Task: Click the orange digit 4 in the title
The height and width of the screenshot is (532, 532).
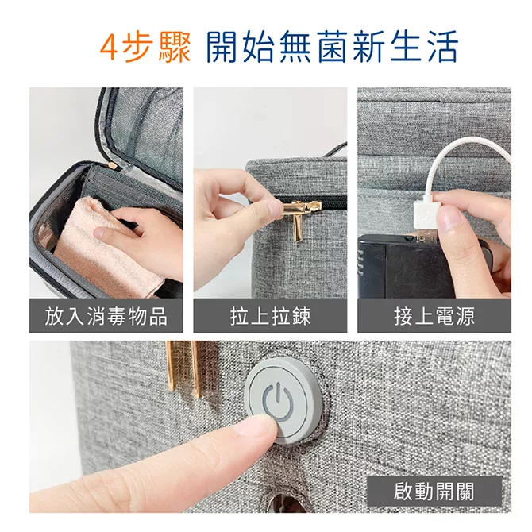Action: click(110, 48)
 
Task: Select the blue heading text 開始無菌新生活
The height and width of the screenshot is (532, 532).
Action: click(333, 47)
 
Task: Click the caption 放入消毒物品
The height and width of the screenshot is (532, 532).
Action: click(106, 316)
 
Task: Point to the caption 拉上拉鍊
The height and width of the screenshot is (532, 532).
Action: click(270, 316)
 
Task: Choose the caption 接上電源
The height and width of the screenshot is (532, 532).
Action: click(434, 316)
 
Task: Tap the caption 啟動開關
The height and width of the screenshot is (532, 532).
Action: click(434, 492)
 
